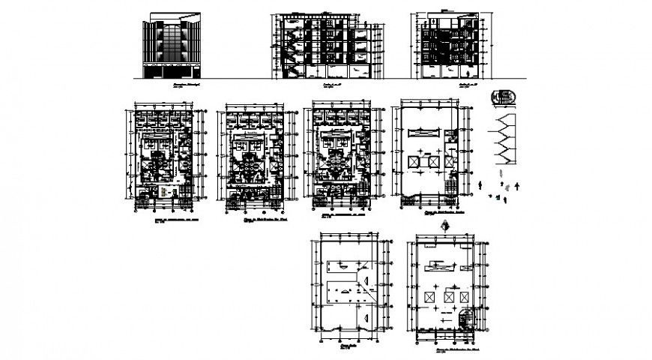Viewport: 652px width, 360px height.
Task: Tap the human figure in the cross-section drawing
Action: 469,73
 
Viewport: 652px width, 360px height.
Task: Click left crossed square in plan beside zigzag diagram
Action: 414,162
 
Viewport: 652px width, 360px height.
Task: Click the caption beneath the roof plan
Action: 349,349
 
